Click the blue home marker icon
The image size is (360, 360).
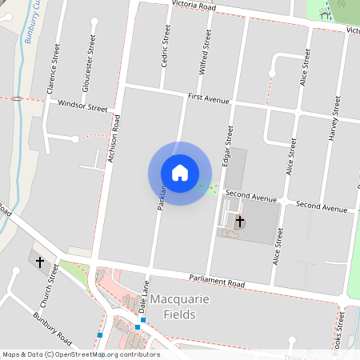point(180,173)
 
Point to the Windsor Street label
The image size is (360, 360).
point(82,106)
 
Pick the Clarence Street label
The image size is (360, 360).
point(55,70)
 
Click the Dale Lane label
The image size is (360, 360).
point(145,297)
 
